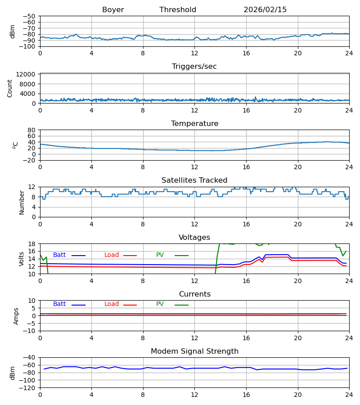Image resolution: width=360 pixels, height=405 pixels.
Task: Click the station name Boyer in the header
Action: tap(113, 10)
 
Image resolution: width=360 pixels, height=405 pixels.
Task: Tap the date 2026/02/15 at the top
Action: tap(265, 10)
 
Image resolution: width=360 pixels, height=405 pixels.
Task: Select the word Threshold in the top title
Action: tap(178, 10)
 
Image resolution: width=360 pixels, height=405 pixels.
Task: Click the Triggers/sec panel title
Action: tap(194, 67)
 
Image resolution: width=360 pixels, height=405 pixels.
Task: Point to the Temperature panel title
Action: tap(194, 124)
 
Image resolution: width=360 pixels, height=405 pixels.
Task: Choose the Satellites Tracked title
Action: tap(194, 180)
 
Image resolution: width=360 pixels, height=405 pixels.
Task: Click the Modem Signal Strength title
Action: tap(194, 351)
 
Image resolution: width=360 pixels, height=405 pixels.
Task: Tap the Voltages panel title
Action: tap(194, 238)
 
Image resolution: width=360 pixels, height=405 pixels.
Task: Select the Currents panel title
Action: tap(194, 294)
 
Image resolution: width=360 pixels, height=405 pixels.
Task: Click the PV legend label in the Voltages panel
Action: tap(160, 255)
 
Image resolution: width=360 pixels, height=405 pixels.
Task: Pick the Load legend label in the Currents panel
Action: tap(112, 304)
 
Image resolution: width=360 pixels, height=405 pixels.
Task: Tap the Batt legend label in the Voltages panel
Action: tap(59, 255)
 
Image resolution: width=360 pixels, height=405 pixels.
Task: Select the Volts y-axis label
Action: tap(22, 259)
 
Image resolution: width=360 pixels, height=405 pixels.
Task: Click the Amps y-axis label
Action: tap(17, 316)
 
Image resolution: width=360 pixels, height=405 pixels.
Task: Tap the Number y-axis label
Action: tap(22, 202)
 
